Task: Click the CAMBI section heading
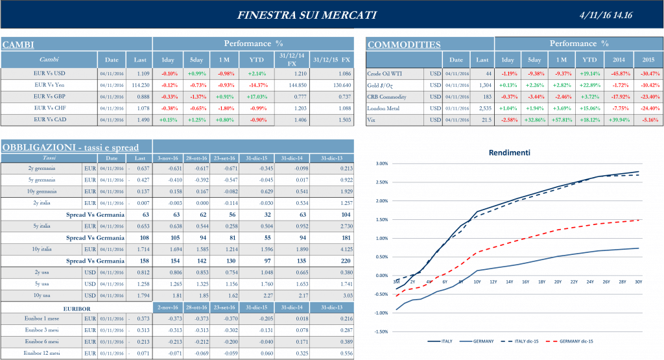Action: coord(18,45)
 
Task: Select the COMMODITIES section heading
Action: coord(403,45)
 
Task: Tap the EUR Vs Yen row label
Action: coord(49,85)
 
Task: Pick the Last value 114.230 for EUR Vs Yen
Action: coord(140,85)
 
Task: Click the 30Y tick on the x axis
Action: coord(639,282)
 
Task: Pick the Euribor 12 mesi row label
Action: coord(42,354)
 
